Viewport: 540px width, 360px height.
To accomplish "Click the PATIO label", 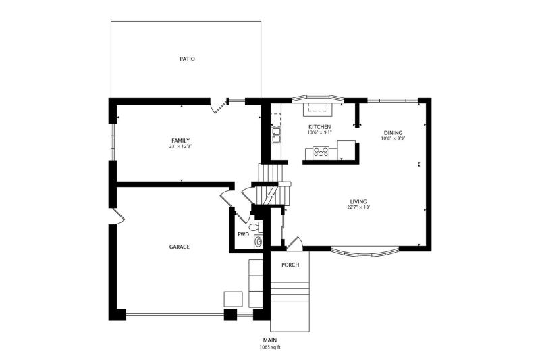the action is tap(187, 59).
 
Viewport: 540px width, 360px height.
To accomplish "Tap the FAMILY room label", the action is tap(180, 140).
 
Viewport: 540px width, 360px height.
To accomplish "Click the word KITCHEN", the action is tap(319, 127).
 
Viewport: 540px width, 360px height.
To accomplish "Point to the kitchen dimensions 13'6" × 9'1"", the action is tap(319, 132).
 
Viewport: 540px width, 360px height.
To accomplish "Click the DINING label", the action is tap(393, 133).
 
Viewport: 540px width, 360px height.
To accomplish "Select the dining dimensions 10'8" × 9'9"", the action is tap(393, 139).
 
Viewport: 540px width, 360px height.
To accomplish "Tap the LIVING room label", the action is tap(358, 201).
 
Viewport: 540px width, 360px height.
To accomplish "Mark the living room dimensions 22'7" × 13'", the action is tap(358, 207).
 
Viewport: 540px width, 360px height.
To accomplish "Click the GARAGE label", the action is tap(179, 247).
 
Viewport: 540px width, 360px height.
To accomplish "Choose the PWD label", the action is tap(243, 234).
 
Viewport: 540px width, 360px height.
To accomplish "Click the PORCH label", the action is tap(290, 265).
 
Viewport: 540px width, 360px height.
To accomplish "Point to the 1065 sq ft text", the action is tap(270, 347).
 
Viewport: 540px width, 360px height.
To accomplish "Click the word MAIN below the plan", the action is tap(270, 340).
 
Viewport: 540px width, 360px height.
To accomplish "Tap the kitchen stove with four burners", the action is tap(321, 153).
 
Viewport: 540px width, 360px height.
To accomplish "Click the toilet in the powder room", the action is tap(255, 227).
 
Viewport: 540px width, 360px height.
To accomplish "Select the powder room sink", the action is tap(258, 242).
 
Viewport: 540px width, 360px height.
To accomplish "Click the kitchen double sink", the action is tap(276, 135).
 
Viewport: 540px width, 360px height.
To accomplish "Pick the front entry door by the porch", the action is tap(294, 242).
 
